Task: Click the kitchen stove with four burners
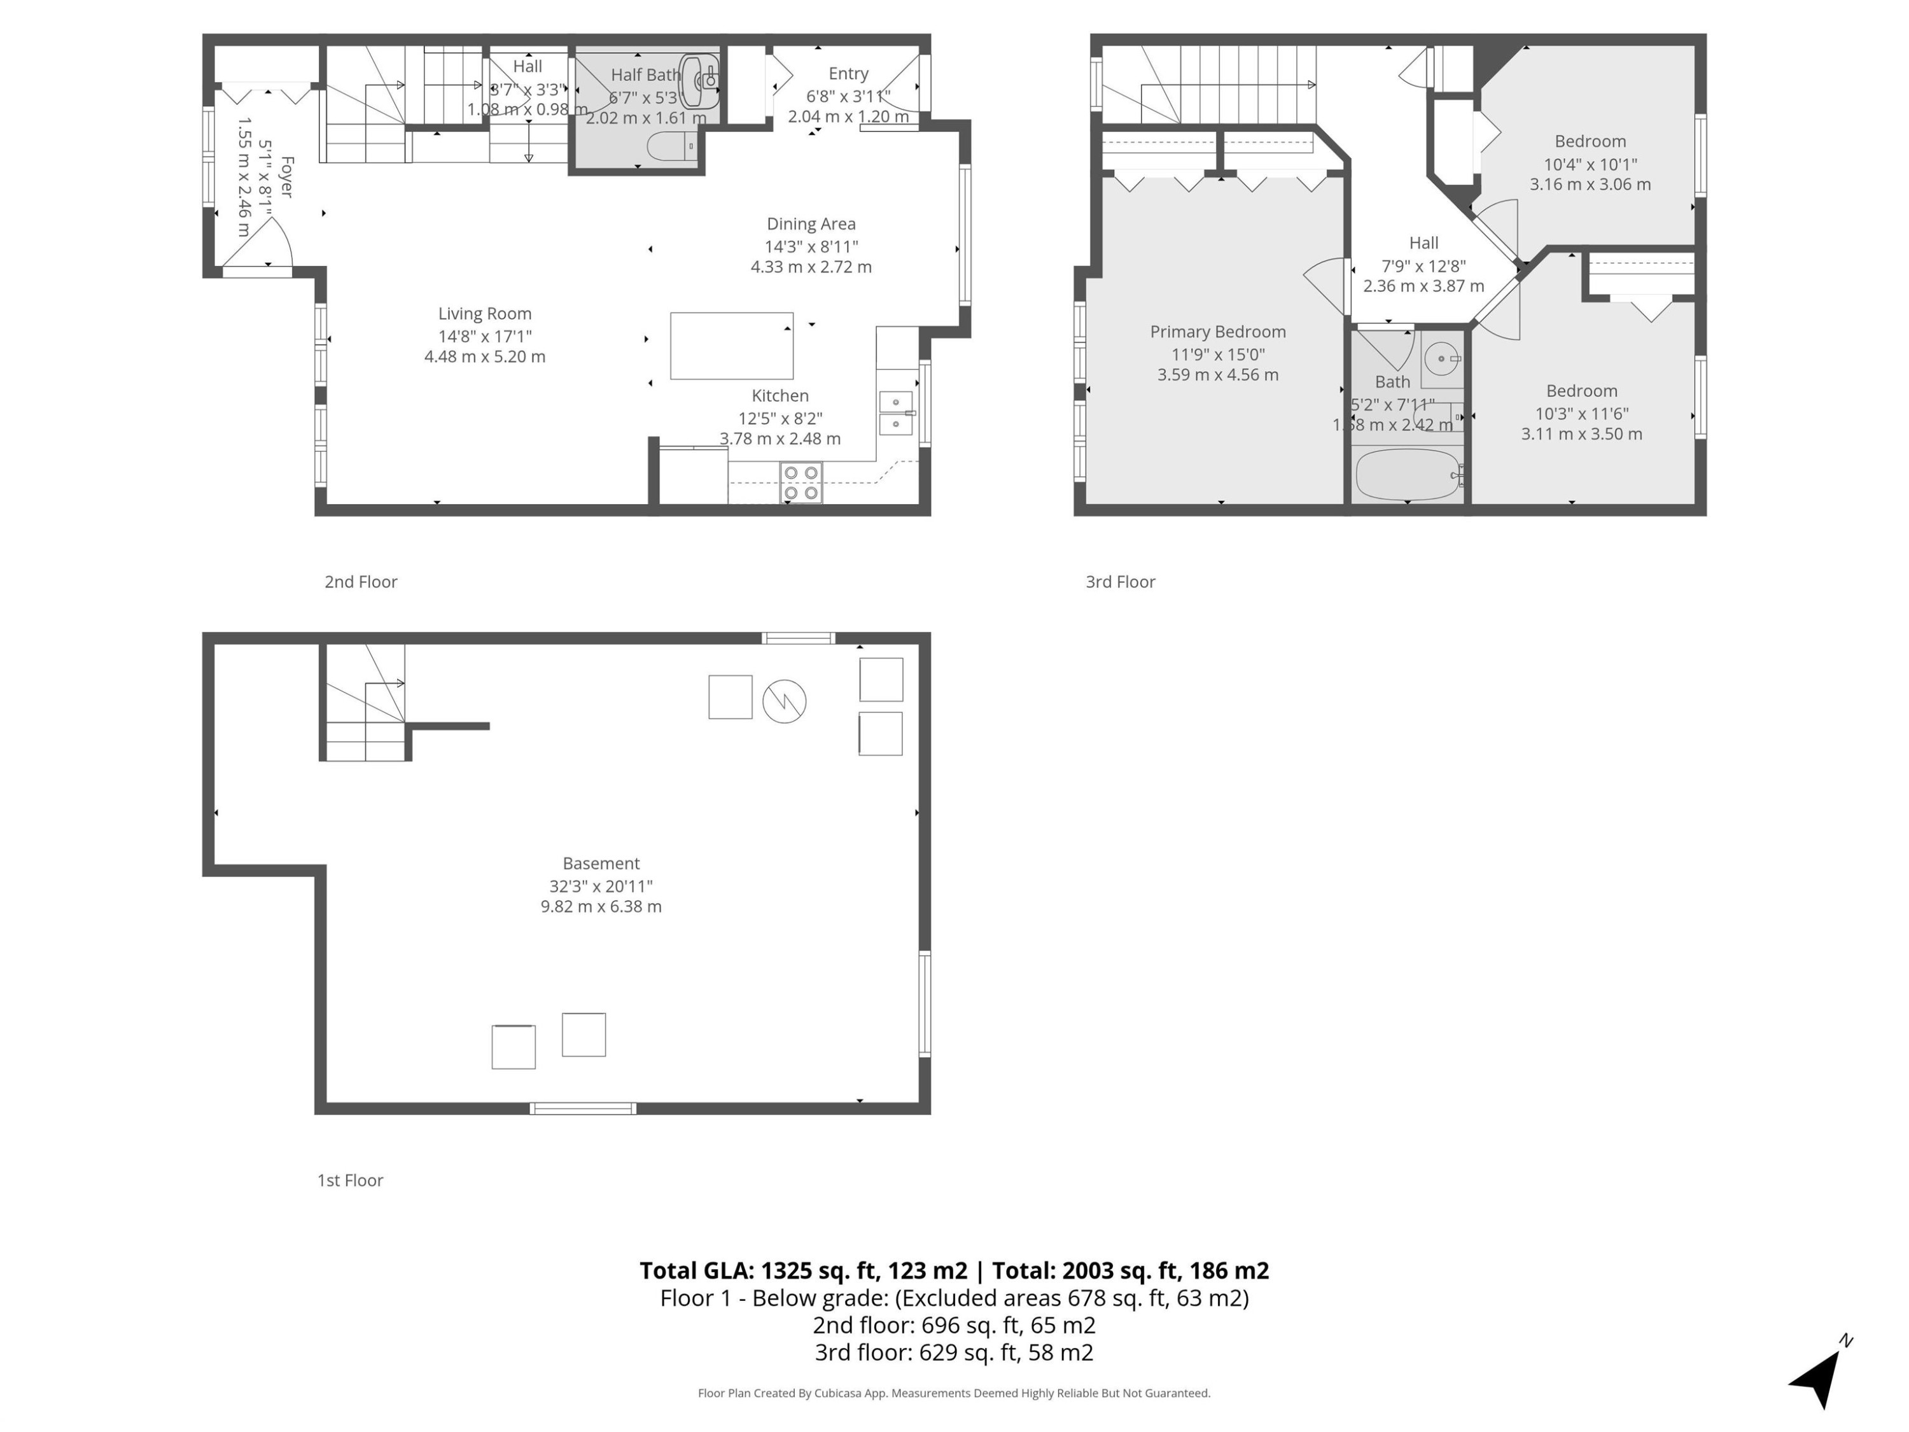(801, 482)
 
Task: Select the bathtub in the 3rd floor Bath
(1407, 475)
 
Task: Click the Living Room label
(484, 313)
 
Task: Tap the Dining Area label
(811, 223)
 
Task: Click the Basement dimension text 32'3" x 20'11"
(601, 886)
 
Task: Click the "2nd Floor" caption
(361, 582)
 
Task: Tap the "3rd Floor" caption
(1119, 582)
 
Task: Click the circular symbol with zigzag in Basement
(783, 701)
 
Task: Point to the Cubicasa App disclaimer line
(954, 1393)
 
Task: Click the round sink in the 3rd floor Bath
(1441, 357)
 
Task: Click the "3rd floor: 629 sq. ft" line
(954, 1352)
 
